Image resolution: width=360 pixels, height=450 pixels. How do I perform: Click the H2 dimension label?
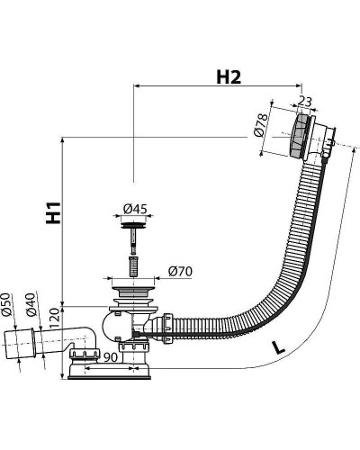pyautogui.click(x=229, y=77)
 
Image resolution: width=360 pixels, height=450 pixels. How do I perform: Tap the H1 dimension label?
pyautogui.click(x=53, y=213)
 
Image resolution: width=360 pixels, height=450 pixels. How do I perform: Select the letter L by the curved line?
pyautogui.click(x=278, y=347)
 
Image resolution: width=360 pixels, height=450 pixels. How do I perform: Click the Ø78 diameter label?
pyautogui.click(x=259, y=125)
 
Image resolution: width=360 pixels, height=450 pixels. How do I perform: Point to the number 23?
pyautogui.click(x=305, y=102)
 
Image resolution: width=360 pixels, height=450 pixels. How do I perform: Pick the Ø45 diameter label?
pyautogui.click(x=135, y=209)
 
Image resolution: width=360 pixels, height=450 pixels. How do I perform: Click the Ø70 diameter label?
pyautogui.click(x=180, y=271)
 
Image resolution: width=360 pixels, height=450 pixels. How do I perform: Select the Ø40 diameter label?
pyautogui.click(x=31, y=304)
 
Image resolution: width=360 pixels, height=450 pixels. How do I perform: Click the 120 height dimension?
pyautogui.click(x=54, y=319)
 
